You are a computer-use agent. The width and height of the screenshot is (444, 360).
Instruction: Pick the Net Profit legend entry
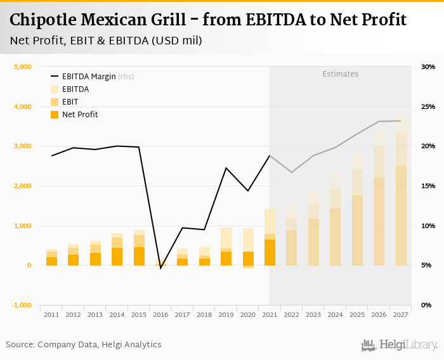[x=79, y=115]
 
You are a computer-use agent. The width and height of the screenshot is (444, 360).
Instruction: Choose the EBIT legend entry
[x=70, y=102]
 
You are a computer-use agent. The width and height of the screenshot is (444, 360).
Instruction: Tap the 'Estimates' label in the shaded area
[x=340, y=74]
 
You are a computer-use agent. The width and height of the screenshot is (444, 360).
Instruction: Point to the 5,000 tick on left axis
[x=22, y=67]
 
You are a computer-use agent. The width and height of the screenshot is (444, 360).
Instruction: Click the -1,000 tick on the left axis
[x=21, y=305]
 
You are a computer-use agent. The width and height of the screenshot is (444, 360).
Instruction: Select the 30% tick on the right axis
[x=428, y=67]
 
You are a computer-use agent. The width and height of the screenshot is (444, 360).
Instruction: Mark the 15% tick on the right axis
[x=428, y=186]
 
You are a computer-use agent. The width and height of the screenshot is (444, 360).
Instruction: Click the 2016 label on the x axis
[x=160, y=314]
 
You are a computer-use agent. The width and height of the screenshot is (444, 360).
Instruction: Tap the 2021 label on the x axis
[x=270, y=314]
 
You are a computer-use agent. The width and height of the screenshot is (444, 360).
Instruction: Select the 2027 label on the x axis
[x=400, y=314]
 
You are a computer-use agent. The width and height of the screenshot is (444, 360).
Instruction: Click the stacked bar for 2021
[x=270, y=237]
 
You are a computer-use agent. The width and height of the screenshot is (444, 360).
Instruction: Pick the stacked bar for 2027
[x=400, y=190]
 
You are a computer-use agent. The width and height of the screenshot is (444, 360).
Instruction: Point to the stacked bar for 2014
[x=117, y=249]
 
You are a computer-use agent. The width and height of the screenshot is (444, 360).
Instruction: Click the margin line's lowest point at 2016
[x=160, y=268]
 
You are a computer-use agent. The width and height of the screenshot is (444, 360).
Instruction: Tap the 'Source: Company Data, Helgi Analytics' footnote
[x=84, y=345]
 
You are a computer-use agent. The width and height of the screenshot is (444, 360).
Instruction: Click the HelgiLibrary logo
[x=399, y=345]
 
